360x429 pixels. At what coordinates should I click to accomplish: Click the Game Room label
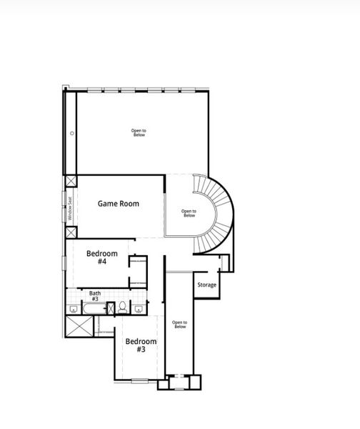(119, 204)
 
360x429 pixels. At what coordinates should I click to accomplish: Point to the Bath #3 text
(95, 295)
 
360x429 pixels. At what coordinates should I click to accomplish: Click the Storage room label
(206, 285)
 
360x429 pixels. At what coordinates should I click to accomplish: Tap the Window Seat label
(70, 208)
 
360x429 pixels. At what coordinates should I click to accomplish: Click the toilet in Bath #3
(123, 307)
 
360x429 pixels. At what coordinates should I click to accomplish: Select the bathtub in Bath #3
(94, 309)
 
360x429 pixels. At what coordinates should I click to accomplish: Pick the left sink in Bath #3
(74, 309)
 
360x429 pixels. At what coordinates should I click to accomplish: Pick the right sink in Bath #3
(138, 309)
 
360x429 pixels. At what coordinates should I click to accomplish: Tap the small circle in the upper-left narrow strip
(72, 133)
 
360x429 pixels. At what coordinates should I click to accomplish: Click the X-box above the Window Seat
(71, 182)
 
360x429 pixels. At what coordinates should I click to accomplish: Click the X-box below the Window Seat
(71, 232)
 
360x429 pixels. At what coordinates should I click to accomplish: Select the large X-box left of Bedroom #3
(79, 327)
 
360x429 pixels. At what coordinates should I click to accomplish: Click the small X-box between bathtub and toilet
(110, 308)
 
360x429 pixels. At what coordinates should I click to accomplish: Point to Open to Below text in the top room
(139, 132)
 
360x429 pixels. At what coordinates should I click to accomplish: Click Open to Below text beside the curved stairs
(189, 213)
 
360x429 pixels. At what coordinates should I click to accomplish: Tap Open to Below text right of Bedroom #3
(179, 324)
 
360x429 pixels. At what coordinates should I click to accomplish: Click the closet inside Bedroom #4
(138, 272)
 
